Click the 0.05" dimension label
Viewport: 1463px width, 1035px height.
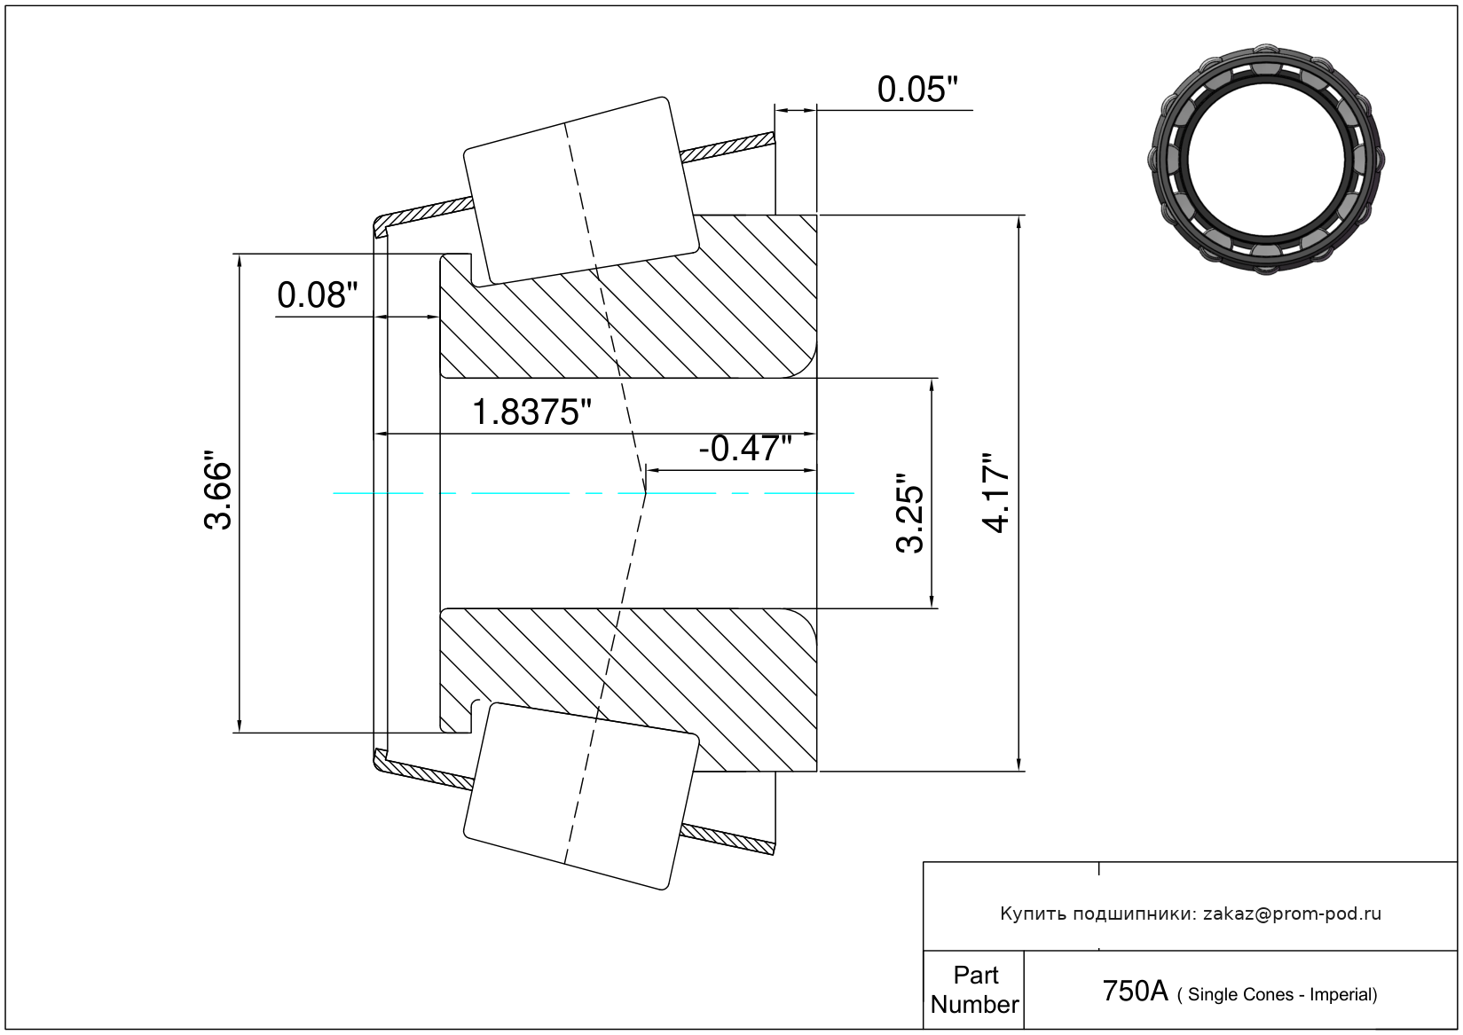917,90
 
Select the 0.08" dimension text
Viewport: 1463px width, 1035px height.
318,295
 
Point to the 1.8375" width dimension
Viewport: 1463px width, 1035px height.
531,412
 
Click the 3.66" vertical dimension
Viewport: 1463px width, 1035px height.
218,494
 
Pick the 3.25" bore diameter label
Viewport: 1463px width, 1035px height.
910,514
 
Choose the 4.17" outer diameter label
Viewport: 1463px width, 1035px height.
997,493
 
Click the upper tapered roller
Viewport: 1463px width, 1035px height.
581,191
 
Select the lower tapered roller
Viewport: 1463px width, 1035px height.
581,796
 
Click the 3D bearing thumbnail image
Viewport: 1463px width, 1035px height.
1266,158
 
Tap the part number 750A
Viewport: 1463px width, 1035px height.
1135,992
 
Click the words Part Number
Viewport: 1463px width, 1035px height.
974,990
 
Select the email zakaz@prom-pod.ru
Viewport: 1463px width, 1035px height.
1292,913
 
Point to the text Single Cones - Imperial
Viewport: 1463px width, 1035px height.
1282,995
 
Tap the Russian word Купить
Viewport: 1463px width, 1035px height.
1033,913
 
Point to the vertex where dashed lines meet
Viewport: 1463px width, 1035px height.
645,490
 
